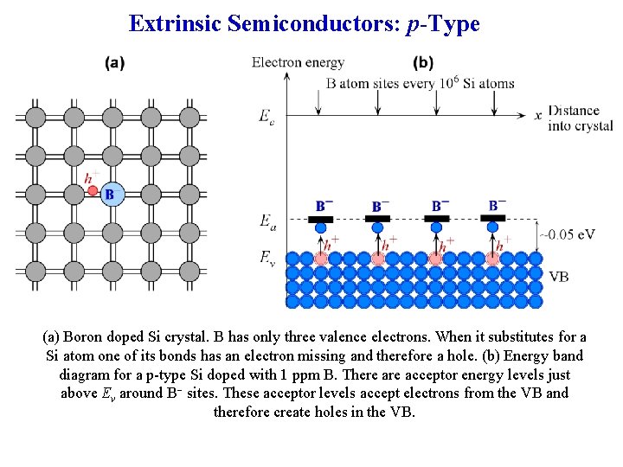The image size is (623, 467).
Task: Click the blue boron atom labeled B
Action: (110, 195)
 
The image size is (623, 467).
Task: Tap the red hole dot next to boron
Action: (93, 190)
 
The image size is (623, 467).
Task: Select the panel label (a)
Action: (114, 62)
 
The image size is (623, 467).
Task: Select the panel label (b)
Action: (423, 62)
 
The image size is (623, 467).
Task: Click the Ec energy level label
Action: (267, 118)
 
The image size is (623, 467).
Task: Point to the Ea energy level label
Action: (267, 222)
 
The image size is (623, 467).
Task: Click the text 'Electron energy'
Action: (298, 62)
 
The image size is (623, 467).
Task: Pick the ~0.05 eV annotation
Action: (567, 234)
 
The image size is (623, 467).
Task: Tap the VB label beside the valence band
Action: (559, 277)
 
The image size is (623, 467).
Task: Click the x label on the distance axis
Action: (537, 114)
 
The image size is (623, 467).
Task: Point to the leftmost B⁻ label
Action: (324, 206)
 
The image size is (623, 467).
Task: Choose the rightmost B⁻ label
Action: (497, 205)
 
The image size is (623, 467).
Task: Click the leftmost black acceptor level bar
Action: (320, 220)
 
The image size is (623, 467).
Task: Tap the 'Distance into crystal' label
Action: (580, 118)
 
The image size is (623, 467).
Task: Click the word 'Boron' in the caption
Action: (83, 337)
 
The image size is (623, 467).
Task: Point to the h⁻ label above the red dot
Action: (89, 178)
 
